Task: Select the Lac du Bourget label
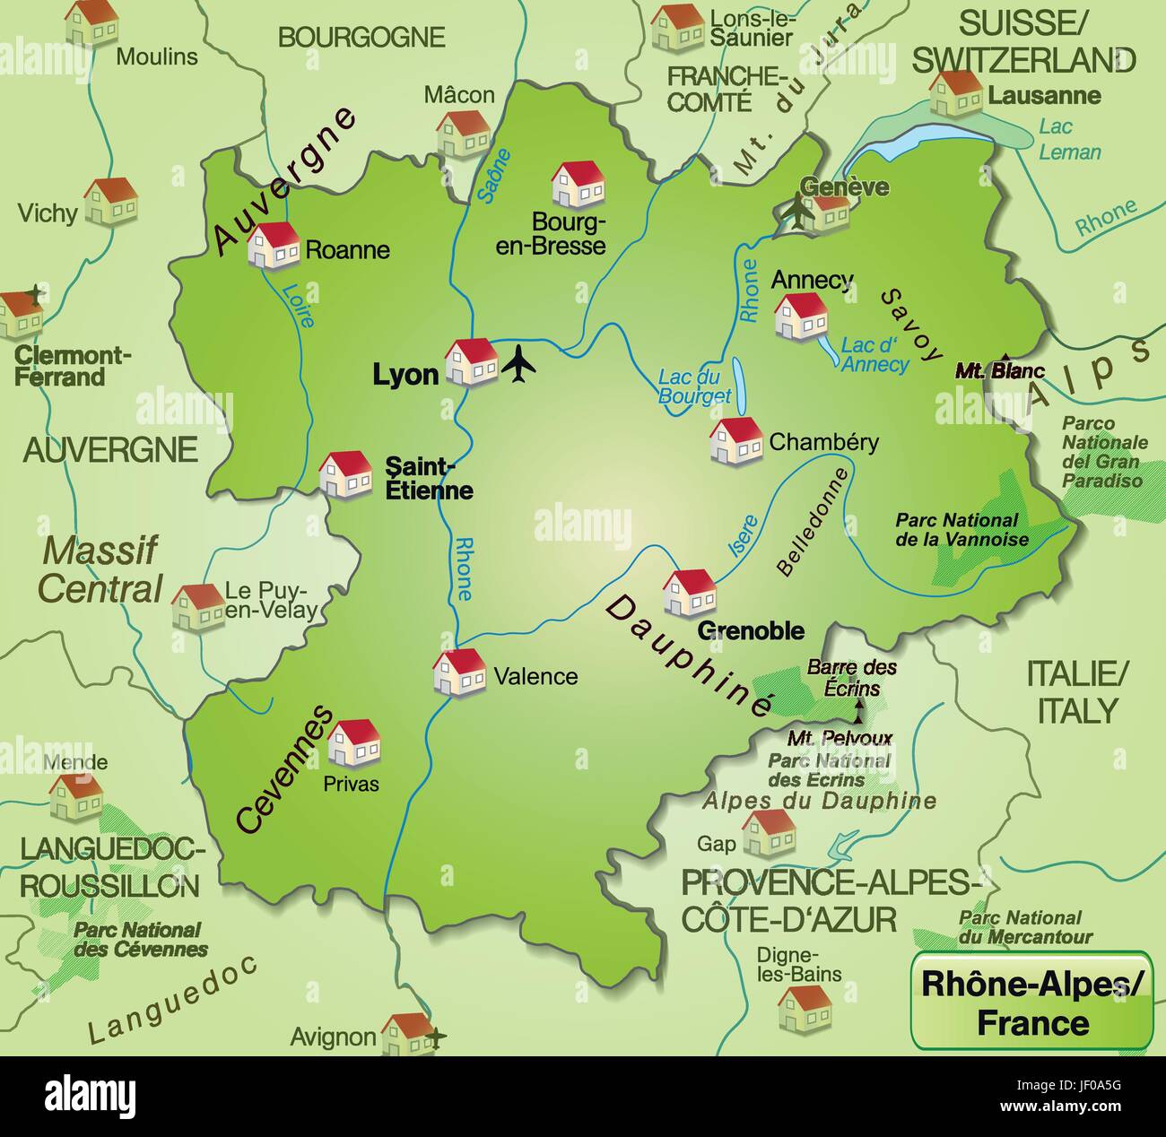(694, 386)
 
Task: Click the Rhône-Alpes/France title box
(1031, 1000)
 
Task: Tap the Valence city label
(535, 676)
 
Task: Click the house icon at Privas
(353, 742)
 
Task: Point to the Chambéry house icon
(736, 440)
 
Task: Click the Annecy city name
(812, 280)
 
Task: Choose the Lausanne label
(1031, 95)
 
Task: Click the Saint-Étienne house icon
(345, 473)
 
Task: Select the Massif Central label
(100, 569)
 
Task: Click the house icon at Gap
(769, 832)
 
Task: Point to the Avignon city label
(333, 1037)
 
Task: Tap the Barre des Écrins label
(851, 678)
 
